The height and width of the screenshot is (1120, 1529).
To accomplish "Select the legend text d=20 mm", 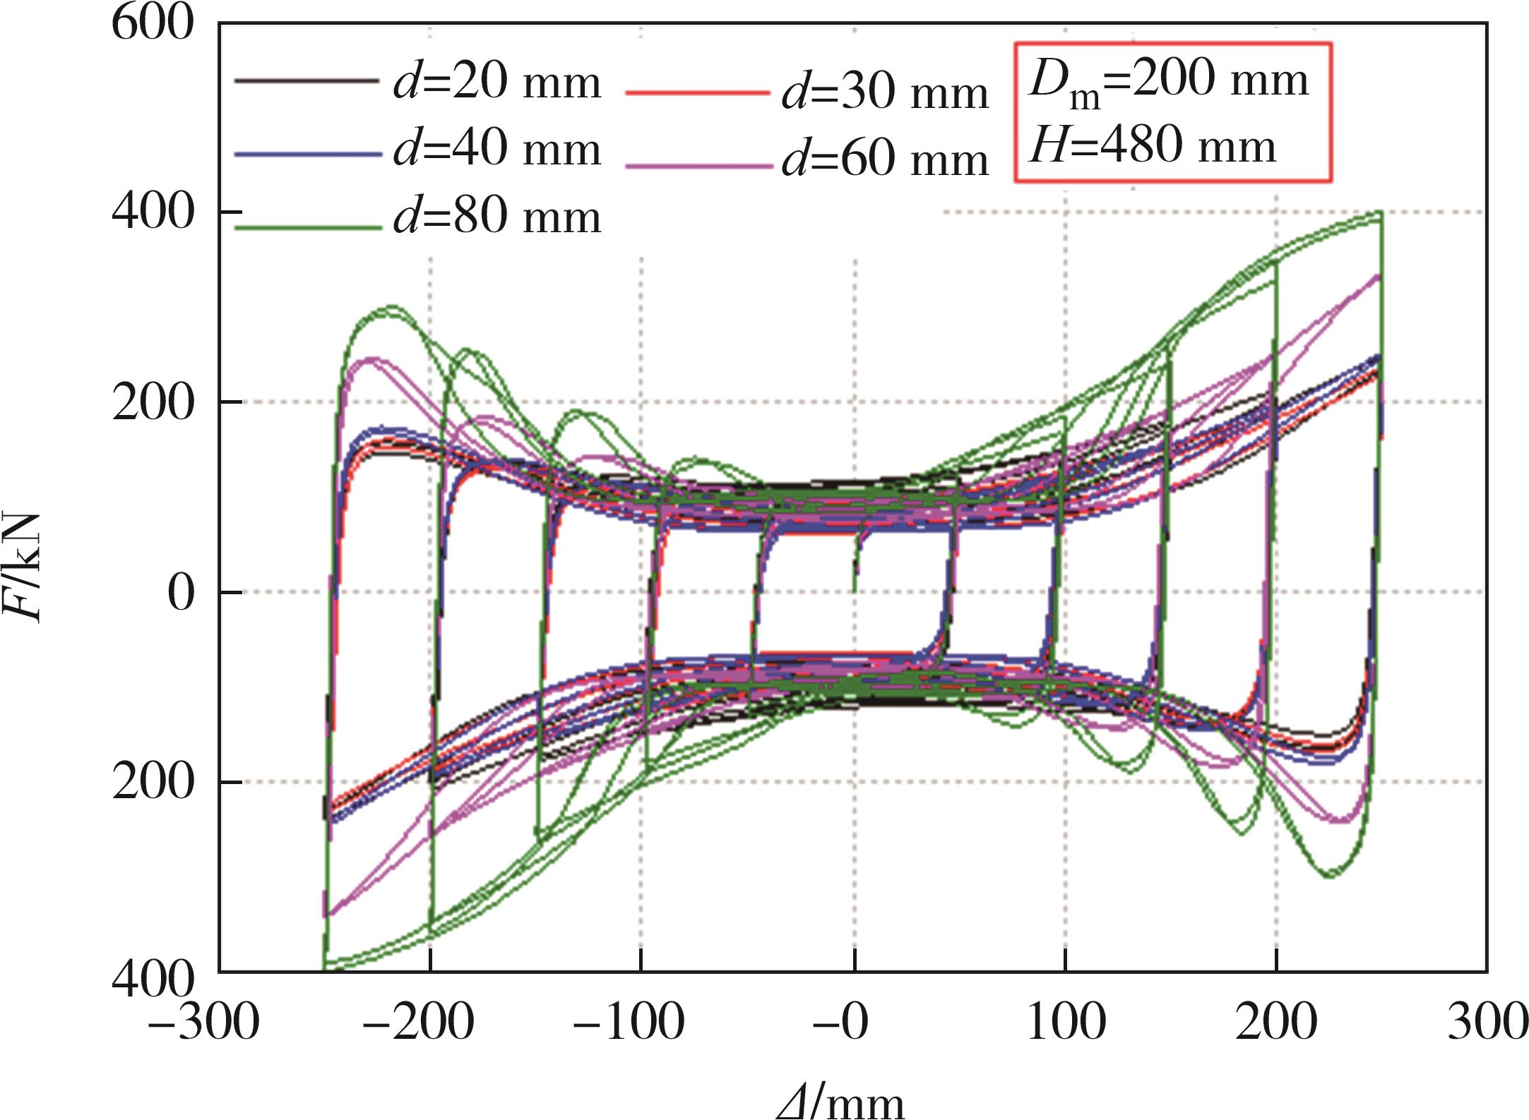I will coord(497,83).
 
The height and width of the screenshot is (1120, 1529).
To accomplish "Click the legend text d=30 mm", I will coord(885,93).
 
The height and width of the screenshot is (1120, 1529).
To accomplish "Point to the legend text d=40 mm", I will coord(497,150).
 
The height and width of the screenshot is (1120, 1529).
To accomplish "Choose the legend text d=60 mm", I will coord(885,160).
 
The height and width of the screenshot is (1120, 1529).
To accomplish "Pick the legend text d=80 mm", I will coord(497,217).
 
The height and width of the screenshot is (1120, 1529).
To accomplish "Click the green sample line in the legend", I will coord(308,227).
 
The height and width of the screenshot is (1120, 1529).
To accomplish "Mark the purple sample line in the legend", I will coord(698,167).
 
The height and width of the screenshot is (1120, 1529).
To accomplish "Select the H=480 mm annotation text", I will coord(1153,147).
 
